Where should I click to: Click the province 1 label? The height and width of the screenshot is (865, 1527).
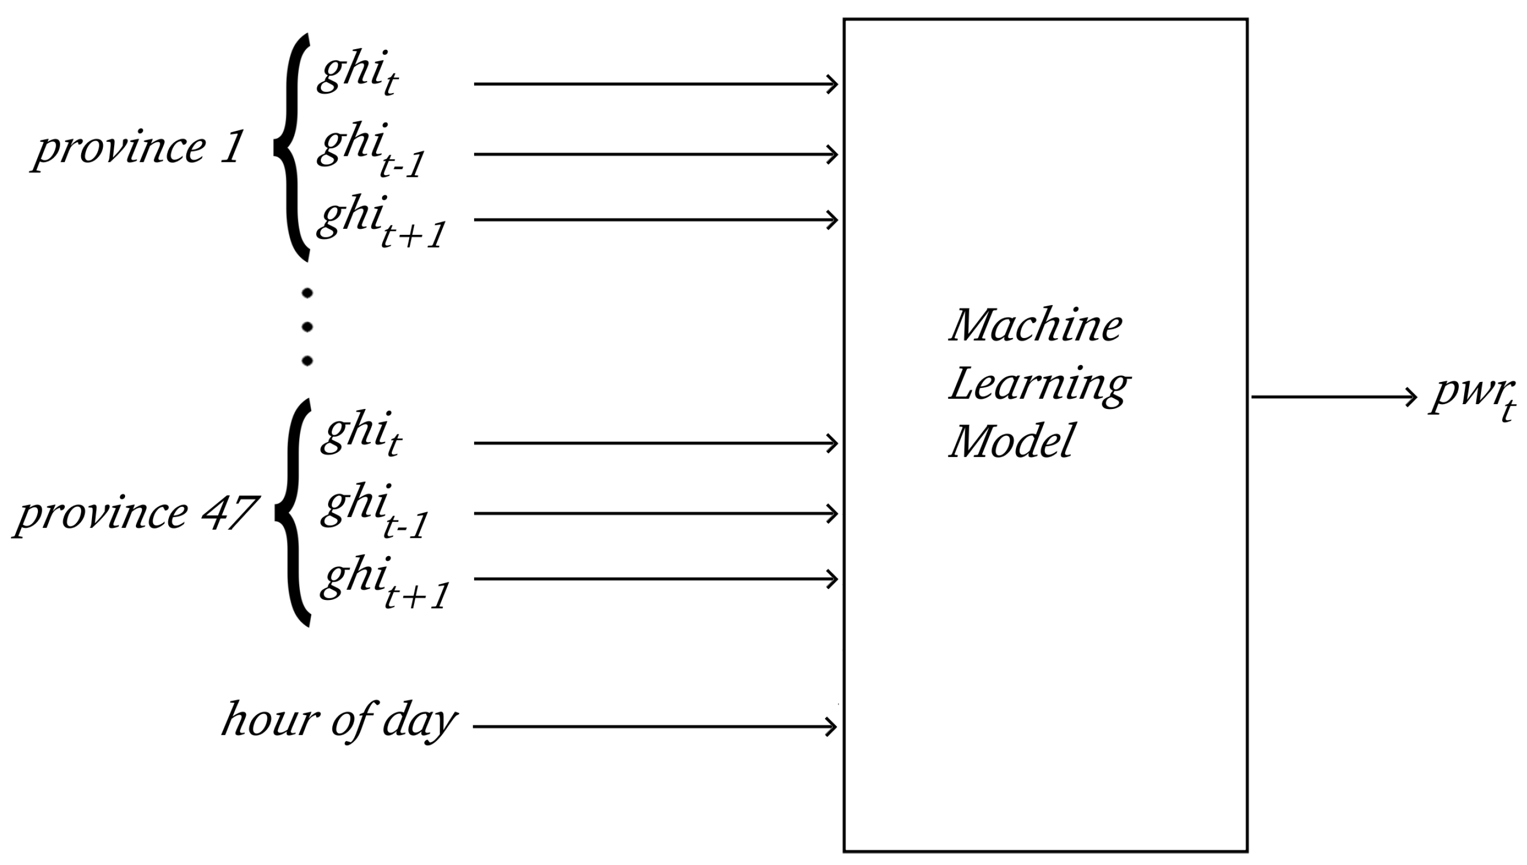138,149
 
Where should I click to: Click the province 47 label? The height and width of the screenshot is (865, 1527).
135,514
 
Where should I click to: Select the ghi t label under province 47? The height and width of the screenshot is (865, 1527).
362,434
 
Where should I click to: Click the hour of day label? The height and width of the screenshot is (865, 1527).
339,721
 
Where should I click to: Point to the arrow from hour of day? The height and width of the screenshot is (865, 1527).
654,726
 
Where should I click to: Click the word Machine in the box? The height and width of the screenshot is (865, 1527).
1035,326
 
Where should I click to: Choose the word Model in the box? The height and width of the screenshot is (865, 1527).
1012,441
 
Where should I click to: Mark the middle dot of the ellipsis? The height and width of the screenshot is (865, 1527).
307,327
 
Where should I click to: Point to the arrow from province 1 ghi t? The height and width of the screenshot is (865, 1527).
654,84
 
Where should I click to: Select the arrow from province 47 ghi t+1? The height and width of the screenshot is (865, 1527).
654,579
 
